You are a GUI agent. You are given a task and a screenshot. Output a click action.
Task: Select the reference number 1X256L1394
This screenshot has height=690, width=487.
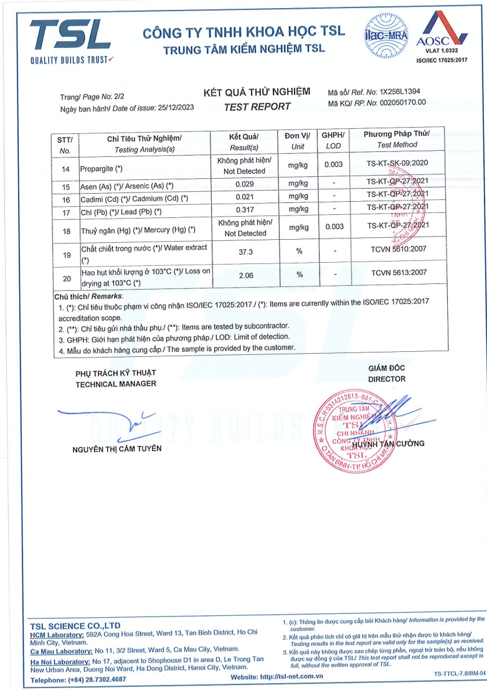402,92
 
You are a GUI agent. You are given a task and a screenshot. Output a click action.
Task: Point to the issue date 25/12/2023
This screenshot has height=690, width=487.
174,108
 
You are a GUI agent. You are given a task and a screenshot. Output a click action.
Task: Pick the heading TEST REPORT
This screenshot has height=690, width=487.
257,106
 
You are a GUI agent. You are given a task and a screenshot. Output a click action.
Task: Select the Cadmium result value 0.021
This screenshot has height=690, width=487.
243,198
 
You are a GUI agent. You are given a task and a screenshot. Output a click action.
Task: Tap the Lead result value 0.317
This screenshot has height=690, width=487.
243,210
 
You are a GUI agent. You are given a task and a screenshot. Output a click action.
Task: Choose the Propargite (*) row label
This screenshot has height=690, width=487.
102,169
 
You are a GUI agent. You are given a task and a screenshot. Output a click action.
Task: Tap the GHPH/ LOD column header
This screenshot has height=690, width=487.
333,141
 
